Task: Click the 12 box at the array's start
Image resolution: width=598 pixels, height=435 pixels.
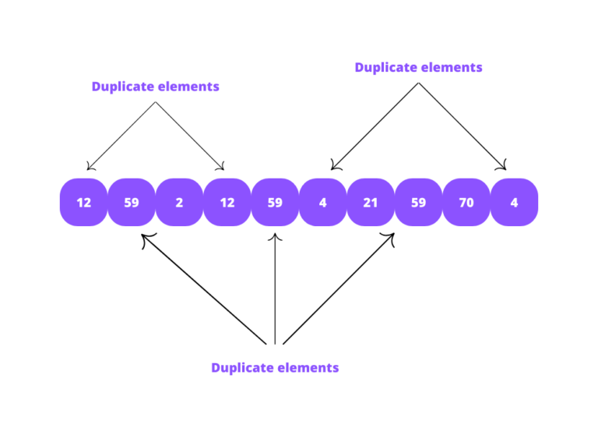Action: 83,203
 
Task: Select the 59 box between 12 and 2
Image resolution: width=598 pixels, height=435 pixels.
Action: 132,203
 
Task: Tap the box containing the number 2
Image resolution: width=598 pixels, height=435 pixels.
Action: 179,203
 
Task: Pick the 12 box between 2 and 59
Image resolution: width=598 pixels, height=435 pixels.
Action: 227,203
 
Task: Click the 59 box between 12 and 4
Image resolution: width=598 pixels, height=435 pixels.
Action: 275,203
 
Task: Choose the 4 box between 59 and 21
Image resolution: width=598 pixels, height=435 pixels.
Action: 323,203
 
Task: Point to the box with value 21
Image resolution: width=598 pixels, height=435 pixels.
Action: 371,203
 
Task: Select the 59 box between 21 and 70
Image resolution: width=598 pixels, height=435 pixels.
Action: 419,203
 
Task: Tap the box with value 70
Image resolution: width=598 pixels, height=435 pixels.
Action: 466,203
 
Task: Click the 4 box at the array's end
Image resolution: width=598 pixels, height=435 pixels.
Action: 514,203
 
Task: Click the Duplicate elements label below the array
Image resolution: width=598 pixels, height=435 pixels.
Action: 275,367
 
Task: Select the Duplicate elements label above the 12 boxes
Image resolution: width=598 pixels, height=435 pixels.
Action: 155,87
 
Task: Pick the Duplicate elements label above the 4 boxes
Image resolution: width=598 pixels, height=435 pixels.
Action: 418,67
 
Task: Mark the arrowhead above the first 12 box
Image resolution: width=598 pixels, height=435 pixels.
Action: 90,165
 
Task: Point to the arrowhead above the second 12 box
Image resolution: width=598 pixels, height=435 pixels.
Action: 221,165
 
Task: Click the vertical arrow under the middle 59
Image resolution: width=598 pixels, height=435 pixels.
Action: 275,288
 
